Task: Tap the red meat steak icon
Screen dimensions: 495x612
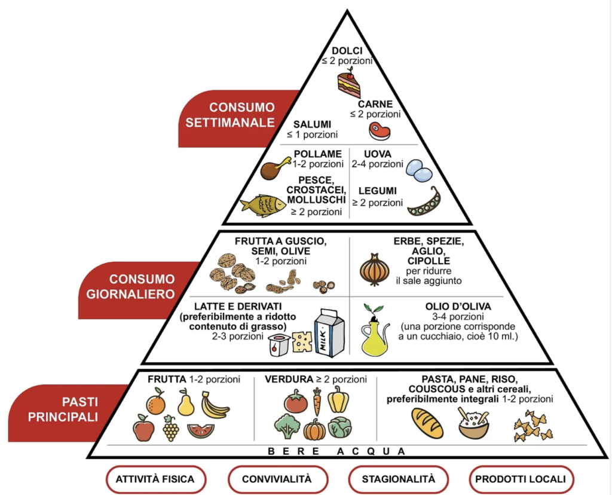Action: tap(378, 129)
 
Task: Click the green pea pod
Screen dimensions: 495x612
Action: tap(424, 203)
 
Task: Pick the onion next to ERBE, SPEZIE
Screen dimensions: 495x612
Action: tap(375, 270)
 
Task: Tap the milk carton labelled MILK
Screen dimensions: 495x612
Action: tap(329, 333)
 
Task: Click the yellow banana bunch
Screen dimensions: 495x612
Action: tap(214, 405)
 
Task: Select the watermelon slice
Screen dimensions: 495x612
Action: tap(200, 430)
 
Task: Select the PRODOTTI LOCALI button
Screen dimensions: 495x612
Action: tap(521, 479)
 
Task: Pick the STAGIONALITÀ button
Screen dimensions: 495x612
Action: tap(398, 479)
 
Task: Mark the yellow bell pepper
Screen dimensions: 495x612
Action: tap(338, 398)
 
